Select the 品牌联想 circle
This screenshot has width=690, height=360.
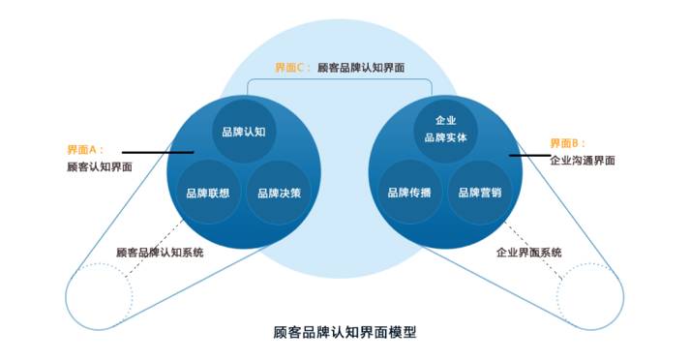coord(207,192)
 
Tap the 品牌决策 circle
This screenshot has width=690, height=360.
coord(280,192)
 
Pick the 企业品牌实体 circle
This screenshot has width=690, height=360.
coord(445,130)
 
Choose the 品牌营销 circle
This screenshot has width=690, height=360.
coord(481,192)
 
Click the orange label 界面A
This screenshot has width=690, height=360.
coord(84,150)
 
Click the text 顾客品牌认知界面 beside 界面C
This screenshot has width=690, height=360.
coord(360,68)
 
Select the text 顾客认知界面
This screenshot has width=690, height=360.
coord(100,167)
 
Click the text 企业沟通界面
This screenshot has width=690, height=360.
coord(582,161)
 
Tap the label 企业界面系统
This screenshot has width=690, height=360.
coord(529,252)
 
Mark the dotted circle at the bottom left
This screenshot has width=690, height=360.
coord(100,291)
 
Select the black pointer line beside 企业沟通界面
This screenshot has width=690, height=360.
coord(528,155)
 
